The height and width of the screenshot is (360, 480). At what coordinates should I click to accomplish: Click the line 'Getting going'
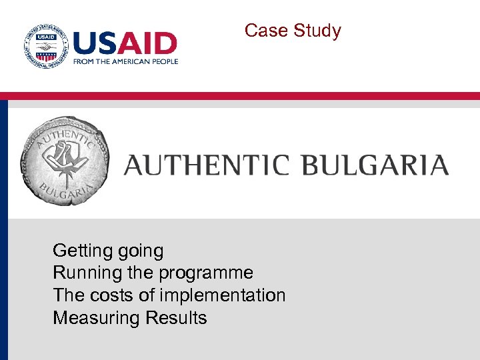point(108,251)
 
